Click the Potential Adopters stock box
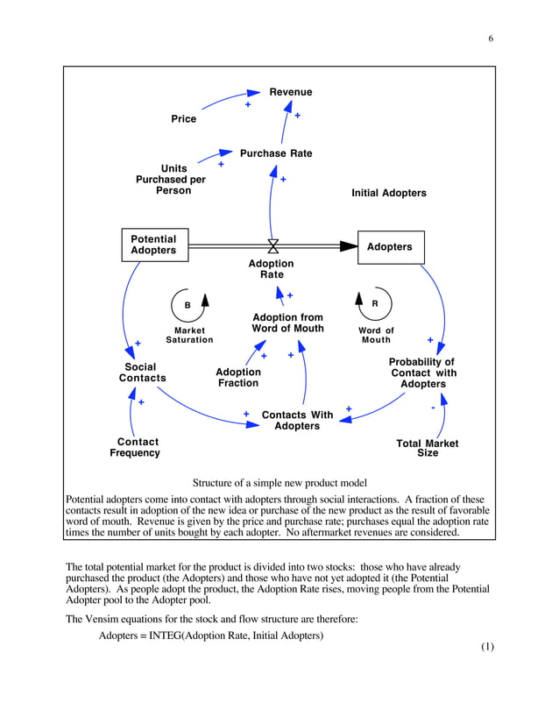pyautogui.click(x=153, y=245)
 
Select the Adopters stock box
pyautogui.click(x=390, y=247)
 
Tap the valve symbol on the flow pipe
pyautogui.click(x=272, y=246)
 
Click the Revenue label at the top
pyautogui.click(x=290, y=92)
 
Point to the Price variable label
pyautogui.click(x=183, y=119)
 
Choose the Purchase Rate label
pyautogui.click(x=276, y=153)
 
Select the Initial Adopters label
pyautogui.click(x=388, y=193)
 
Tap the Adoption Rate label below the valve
pyautogui.click(x=272, y=269)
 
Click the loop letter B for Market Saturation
pyautogui.click(x=187, y=304)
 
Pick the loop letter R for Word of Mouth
pyautogui.click(x=375, y=303)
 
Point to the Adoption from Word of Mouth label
pyautogui.click(x=287, y=323)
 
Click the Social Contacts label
pyautogui.click(x=142, y=373)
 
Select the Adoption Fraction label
pyautogui.click(x=238, y=378)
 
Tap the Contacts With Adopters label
pyautogui.click(x=297, y=421)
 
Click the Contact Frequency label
pyautogui.click(x=135, y=448)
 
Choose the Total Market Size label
pyautogui.click(x=427, y=449)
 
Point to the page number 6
pyautogui.click(x=491, y=39)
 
